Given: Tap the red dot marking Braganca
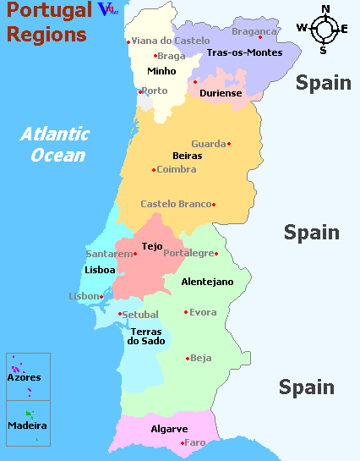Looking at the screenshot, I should tap(259, 37).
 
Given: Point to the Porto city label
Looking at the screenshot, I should tap(155, 91).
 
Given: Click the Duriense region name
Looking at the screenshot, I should tap(221, 93).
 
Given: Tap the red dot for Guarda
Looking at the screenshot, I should tap(229, 144).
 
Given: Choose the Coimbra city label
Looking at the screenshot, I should tap(177, 169).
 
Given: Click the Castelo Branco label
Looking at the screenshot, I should tap(176, 204).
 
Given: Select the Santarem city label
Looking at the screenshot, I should tap(109, 253).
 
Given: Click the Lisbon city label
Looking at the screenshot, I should tap(84, 296).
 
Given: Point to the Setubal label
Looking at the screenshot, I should tap(140, 314).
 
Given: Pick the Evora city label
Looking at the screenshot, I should tap(203, 312).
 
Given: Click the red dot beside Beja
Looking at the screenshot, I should tap(187, 359).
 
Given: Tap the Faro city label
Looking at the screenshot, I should tap(195, 442).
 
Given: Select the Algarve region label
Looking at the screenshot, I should tap(169, 429).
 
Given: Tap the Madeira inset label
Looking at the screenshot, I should tap(27, 425).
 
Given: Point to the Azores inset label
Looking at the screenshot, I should tap(24, 377).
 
